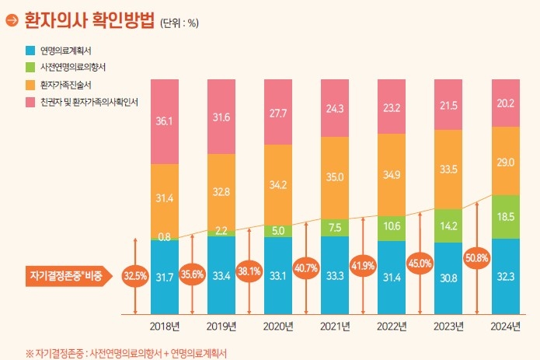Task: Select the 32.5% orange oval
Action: pos(135,275)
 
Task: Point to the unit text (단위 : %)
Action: pos(179,22)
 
